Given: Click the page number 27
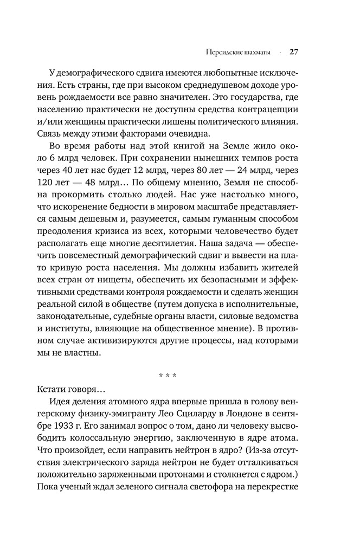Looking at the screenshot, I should [x=294, y=53].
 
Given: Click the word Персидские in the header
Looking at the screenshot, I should [x=223, y=53].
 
